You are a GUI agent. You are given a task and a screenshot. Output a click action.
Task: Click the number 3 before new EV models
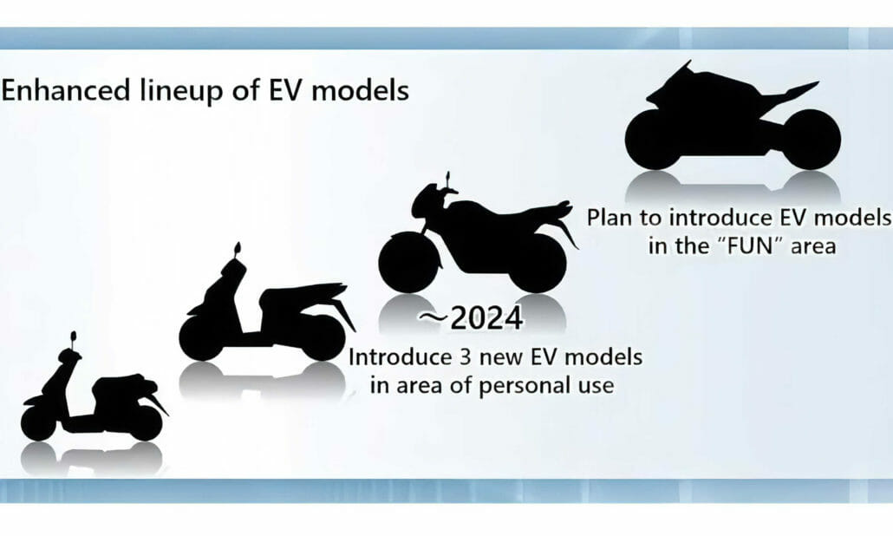tap(451, 356)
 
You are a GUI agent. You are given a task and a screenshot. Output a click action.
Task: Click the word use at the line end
tap(592, 384)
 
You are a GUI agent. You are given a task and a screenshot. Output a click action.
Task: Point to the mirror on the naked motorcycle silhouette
tap(447, 180)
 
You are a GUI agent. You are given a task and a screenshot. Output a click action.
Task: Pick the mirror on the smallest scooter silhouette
tap(73, 337)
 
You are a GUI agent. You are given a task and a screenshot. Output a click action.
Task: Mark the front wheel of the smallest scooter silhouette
tap(38, 422)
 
